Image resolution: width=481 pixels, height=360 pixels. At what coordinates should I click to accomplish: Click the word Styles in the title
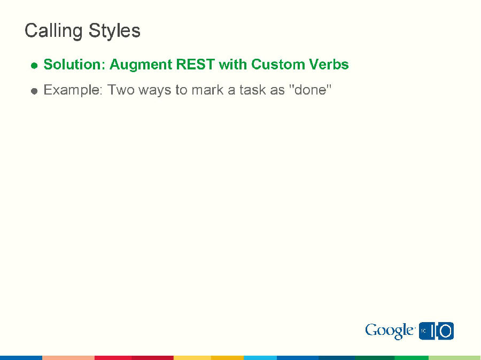tap(114, 31)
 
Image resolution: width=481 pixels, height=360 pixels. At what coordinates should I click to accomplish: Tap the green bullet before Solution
tap(34, 66)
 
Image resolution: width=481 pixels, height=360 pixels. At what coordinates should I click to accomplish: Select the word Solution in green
tap(74, 65)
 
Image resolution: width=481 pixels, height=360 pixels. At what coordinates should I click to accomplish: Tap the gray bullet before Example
tap(34, 91)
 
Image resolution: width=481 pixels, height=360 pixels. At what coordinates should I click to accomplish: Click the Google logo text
tap(390, 331)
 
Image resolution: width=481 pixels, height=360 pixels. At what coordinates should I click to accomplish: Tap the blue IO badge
tap(437, 331)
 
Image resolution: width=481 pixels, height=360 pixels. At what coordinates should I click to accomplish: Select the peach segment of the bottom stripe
tap(68, 357)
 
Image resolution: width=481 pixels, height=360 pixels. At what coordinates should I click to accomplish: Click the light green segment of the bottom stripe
tap(454, 357)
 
